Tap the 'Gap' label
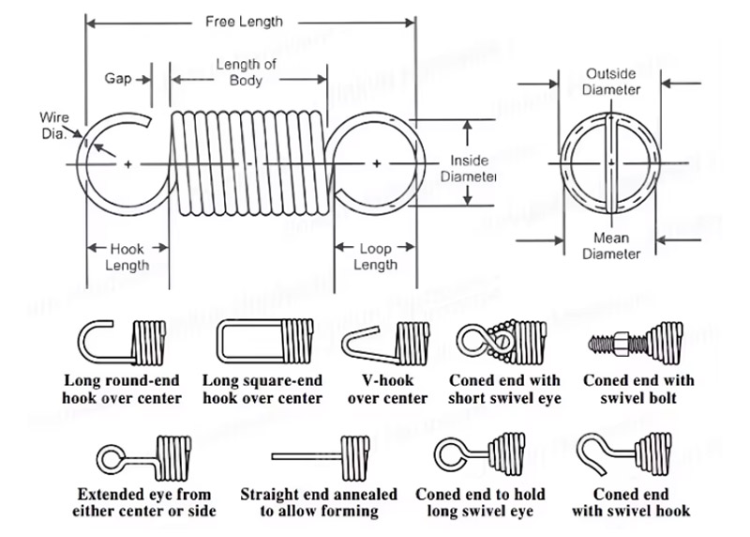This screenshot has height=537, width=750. tap(117, 78)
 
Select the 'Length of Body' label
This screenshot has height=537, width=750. tap(246, 72)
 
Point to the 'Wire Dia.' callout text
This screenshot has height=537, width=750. tap(53, 125)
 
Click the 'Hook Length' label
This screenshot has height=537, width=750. tap(127, 257)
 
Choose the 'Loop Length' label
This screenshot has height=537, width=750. tap(375, 257)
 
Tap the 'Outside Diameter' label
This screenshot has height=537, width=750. tap(611, 81)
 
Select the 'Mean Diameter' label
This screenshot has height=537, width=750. tap(611, 245)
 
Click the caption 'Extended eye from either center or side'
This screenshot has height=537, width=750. tap(144, 502)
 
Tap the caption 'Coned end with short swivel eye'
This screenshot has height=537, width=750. tap(504, 389)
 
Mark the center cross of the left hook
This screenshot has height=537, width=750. tap(127, 164)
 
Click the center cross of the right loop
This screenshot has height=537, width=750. tap(376, 164)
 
